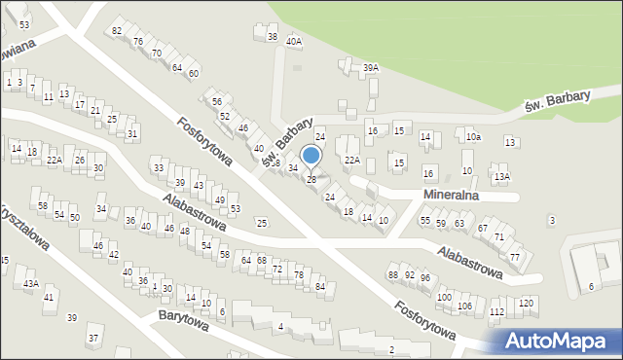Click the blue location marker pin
[311, 156]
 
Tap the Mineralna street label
[457, 195]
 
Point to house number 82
[117, 31]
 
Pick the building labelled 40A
[293, 42]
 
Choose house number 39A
[370, 67]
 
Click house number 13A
[501, 176]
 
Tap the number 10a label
[473, 137]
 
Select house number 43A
[31, 283]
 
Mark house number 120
[527, 304]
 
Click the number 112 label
[496, 311]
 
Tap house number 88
[393, 275]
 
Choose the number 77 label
[515, 257]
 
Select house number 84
[320, 286]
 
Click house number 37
[93, 338]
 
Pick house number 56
[217, 101]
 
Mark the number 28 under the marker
[311, 179]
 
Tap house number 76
[138, 41]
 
